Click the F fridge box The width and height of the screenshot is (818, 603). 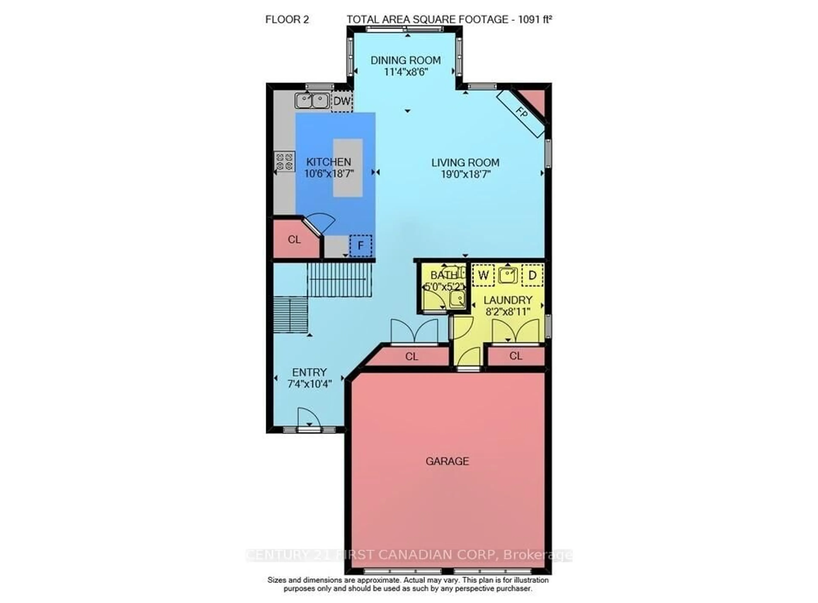pyautogui.click(x=360, y=246)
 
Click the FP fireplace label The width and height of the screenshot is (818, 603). pyautogui.click(x=522, y=114)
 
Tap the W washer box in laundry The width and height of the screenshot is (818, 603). pyautogui.click(x=483, y=275)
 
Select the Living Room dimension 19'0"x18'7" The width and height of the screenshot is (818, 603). pyautogui.click(x=465, y=174)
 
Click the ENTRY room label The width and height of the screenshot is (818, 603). pyautogui.click(x=309, y=372)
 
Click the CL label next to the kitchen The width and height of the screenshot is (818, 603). pyautogui.click(x=294, y=240)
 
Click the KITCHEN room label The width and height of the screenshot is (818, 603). pyautogui.click(x=328, y=162)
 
